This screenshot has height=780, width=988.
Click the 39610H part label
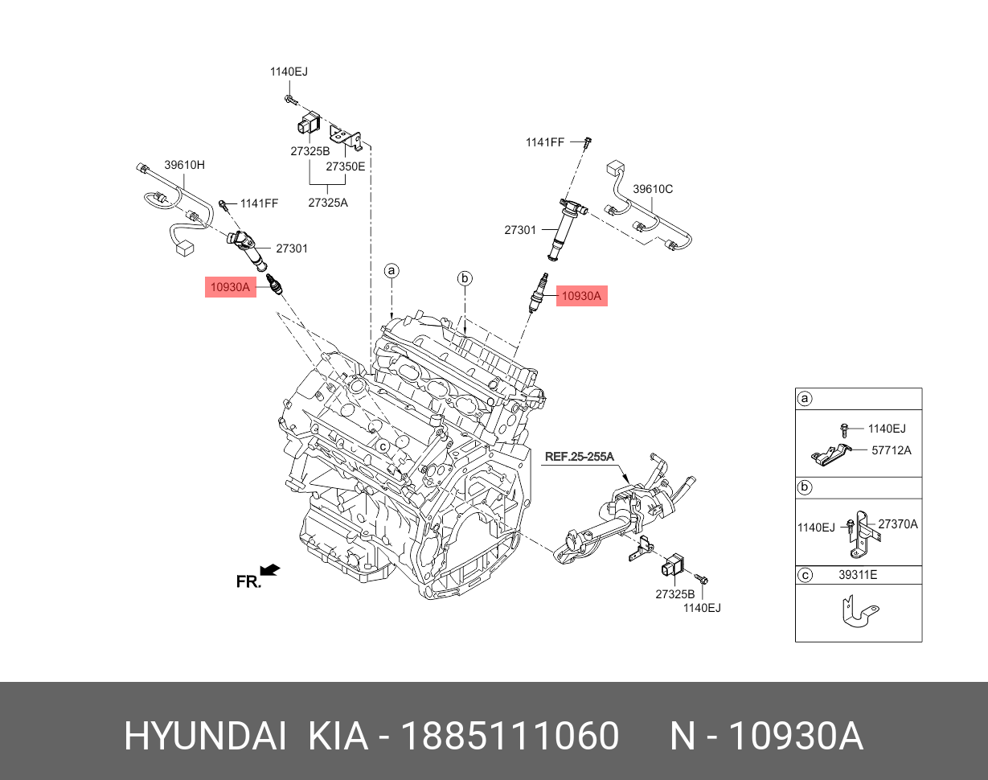tap(185, 165)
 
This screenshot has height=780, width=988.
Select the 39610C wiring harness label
tap(653, 189)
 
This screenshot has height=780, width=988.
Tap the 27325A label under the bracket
tap(328, 203)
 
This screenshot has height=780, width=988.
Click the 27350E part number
tap(345, 166)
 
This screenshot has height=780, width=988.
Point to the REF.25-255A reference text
tap(579, 457)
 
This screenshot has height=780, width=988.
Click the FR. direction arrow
tap(271, 571)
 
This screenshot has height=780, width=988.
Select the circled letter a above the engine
tap(392, 271)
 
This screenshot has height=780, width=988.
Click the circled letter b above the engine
tap(465, 279)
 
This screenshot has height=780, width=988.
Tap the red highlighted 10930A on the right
tap(581, 296)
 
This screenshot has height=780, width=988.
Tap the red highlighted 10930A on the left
tap(230, 286)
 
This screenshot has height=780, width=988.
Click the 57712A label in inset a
tap(891, 450)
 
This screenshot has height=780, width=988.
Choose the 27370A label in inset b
tap(897, 523)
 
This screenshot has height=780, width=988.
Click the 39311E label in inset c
tap(858, 576)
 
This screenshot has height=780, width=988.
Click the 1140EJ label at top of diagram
tap(289, 72)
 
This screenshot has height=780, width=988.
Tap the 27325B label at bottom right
tap(674, 593)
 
